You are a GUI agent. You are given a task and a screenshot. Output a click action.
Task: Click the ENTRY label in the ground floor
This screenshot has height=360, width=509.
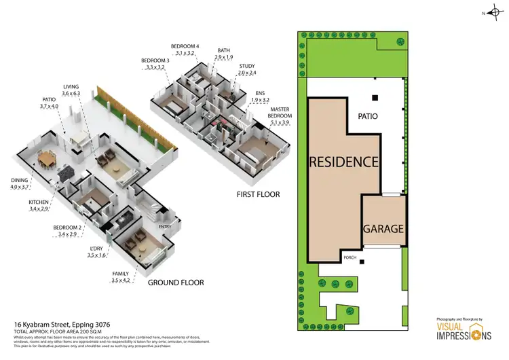[165, 227]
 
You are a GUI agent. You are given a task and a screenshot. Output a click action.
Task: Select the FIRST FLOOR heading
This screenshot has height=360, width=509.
[259, 195]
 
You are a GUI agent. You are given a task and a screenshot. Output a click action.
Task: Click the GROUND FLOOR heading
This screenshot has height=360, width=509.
[176, 282]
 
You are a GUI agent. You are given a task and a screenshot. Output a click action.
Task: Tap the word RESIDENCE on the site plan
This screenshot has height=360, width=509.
[344, 162]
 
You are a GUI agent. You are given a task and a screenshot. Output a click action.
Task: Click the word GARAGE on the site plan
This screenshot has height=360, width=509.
[384, 229]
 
